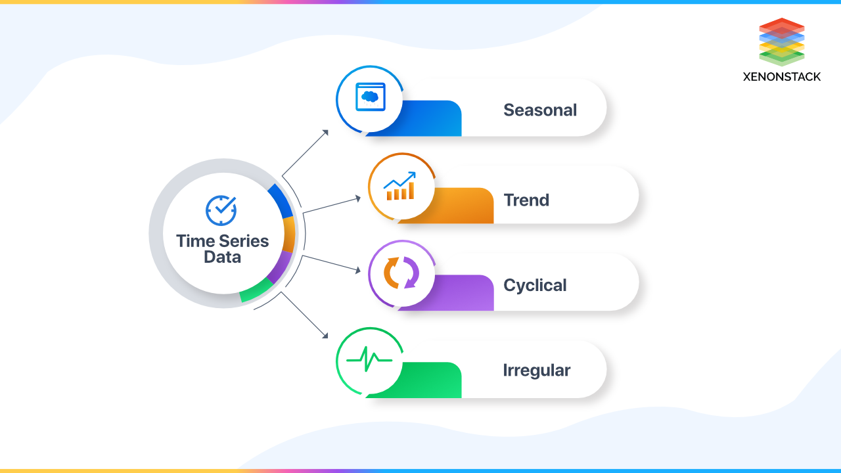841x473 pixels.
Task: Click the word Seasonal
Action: click(x=540, y=110)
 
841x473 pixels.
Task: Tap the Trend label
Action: click(x=526, y=200)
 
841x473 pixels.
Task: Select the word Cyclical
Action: click(x=535, y=285)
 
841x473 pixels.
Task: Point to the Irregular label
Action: click(x=536, y=370)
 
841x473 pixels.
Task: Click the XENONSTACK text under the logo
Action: click(x=781, y=77)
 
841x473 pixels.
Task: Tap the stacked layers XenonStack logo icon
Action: click(x=781, y=41)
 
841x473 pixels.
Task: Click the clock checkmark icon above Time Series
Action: click(x=221, y=210)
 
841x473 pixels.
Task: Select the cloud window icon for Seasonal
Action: click(x=369, y=98)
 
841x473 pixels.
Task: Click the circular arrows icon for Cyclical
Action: click(x=401, y=273)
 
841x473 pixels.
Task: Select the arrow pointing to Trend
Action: click(x=332, y=204)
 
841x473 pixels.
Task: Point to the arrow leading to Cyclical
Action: click(x=332, y=263)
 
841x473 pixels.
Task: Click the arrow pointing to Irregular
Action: click(x=306, y=316)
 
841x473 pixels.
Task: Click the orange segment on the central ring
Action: click(x=289, y=234)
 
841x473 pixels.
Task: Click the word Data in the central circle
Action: click(x=222, y=258)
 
